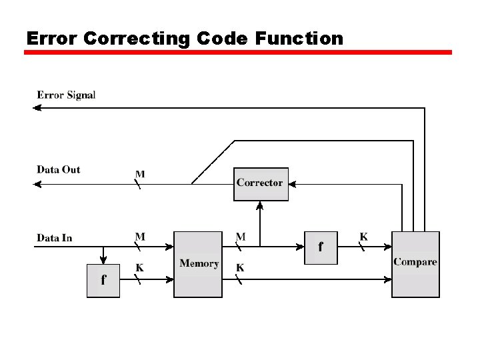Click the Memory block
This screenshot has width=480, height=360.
coord(198,264)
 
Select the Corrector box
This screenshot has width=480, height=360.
coord(261,183)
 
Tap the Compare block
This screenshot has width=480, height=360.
coord(415,264)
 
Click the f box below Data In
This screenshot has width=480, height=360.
coord(103,281)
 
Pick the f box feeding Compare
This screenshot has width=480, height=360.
coord(321,247)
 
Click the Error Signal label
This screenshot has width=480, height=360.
coord(66,95)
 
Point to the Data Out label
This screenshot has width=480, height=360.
coord(59,169)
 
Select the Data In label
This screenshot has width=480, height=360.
coord(55,237)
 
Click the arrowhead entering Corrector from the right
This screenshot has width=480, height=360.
coord(293,184)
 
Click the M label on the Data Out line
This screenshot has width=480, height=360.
coord(140,174)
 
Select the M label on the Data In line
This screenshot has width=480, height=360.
coord(140,236)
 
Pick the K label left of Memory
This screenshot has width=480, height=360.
coord(140,267)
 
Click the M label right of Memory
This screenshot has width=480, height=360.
coord(240,236)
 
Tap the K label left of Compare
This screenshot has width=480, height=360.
coord(363,236)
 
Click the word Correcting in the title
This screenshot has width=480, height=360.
coord(139,39)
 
